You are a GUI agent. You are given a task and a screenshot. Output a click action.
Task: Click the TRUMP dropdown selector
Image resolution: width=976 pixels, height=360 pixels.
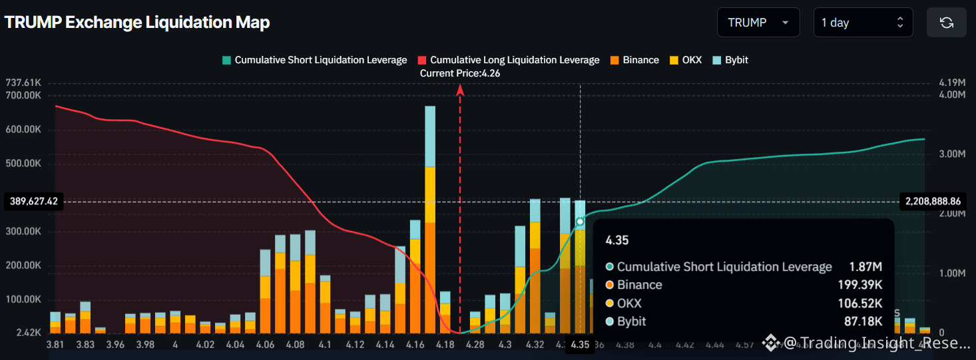point(758,23)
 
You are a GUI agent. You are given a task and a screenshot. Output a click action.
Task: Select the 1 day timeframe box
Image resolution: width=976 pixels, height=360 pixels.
point(862,23)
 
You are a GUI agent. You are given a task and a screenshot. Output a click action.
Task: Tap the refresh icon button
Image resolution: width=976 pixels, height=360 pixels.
point(946,23)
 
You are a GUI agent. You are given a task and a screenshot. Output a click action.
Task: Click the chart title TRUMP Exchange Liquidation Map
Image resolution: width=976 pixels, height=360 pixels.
point(137,22)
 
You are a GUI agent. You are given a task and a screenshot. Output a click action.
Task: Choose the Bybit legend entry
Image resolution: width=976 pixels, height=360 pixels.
point(730,60)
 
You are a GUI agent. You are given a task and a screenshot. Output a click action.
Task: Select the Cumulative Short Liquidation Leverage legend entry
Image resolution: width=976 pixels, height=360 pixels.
point(314,60)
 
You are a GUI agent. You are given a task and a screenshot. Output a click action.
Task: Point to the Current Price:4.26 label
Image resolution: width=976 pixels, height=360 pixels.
point(460,74)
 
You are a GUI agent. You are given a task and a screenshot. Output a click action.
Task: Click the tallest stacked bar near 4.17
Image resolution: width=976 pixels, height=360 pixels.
point(430,220)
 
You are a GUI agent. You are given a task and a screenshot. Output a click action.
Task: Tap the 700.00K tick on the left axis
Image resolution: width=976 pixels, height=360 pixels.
point(23,95)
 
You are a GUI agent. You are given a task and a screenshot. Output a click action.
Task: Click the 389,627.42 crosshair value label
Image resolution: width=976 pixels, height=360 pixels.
point(33,201)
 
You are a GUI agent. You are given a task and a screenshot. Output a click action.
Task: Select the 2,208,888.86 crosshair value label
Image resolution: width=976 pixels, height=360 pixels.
point(933,201)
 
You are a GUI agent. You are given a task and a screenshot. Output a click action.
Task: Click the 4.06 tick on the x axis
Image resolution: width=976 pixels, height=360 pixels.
point(265,345)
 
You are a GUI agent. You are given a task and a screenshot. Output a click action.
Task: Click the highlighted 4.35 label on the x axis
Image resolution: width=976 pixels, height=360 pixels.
point(580,345)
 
